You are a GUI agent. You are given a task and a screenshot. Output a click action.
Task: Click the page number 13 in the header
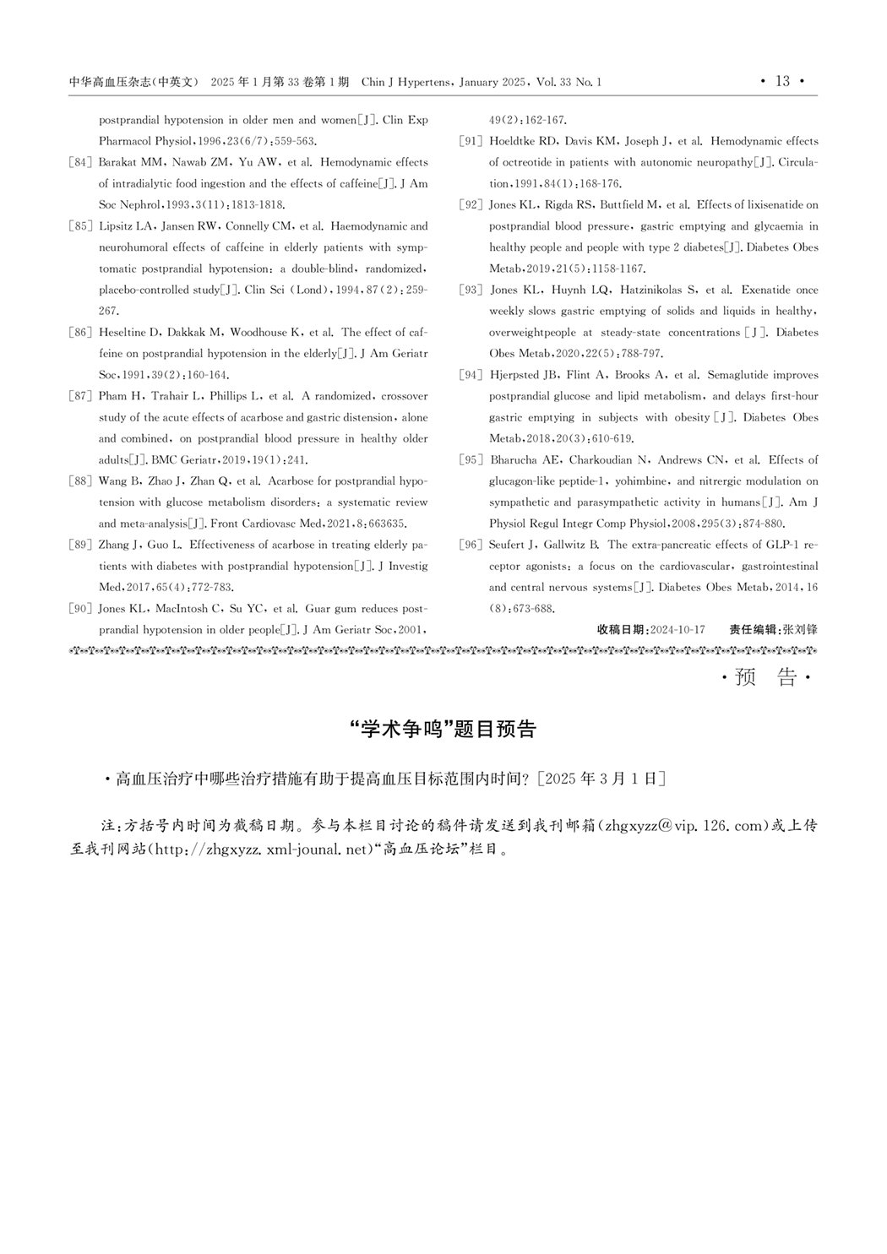point(782,81)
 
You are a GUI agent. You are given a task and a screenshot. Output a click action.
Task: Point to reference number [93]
point(471,290)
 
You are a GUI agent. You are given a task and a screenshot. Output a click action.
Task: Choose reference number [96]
point(471,545)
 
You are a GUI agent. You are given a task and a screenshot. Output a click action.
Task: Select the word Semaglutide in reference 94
point(742,375)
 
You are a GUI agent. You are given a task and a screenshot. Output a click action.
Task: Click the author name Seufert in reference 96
point(509,545)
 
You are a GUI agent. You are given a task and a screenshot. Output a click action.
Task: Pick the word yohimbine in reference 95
point(641,481)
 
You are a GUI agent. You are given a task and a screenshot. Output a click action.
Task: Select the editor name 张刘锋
point(800,630)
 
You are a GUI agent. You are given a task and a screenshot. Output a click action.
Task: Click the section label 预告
point(766,677)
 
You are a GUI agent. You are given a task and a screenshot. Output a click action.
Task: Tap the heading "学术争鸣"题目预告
point(443,730)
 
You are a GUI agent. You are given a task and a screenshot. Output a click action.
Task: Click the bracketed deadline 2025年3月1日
point(601,779)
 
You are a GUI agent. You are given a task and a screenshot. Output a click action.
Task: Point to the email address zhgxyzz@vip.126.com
point(684,826)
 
